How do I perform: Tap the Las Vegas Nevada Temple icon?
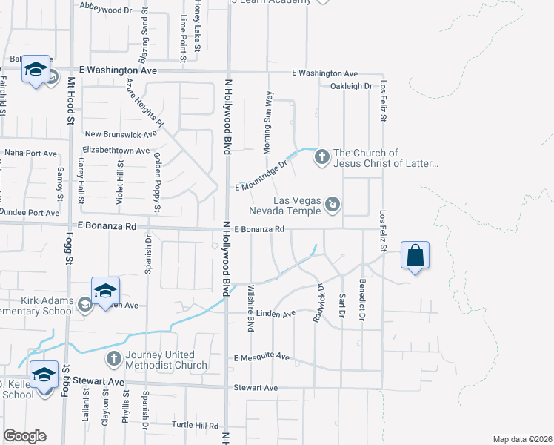click(x=333, y=202)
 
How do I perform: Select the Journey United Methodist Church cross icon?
click(x=113, y=359)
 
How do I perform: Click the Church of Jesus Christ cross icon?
click(x=321, y=156)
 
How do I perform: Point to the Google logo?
click(x=24, y=436)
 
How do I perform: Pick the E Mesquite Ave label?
click(x=261, y=357)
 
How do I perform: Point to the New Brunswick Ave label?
click(x=121, y=134)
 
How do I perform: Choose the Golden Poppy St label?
click(x=157, y=171)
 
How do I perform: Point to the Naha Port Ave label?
click(x=30, y=153)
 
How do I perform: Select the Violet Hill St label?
click(x=119, y=179)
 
